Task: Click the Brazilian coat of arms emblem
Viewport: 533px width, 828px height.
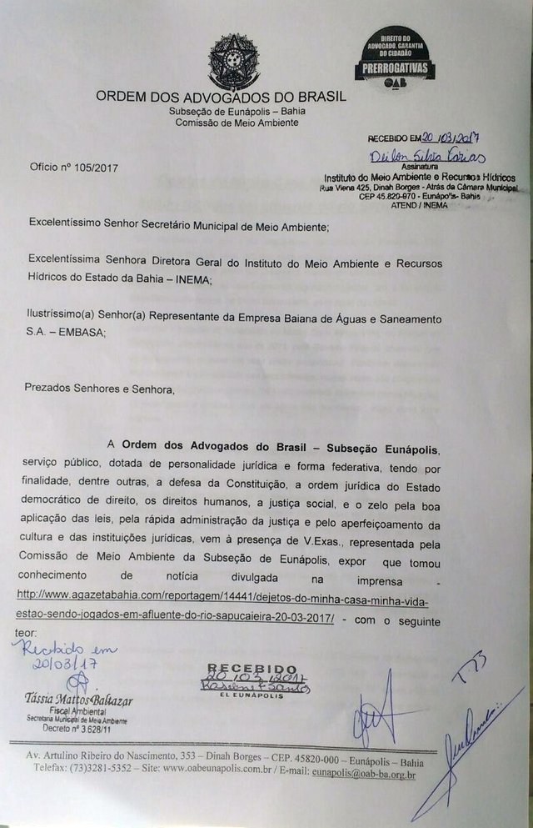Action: tap(233, 60)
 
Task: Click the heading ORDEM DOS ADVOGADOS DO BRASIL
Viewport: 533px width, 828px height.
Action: tap(221, 97)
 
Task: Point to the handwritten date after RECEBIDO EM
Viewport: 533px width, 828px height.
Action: tap(454, 140)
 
